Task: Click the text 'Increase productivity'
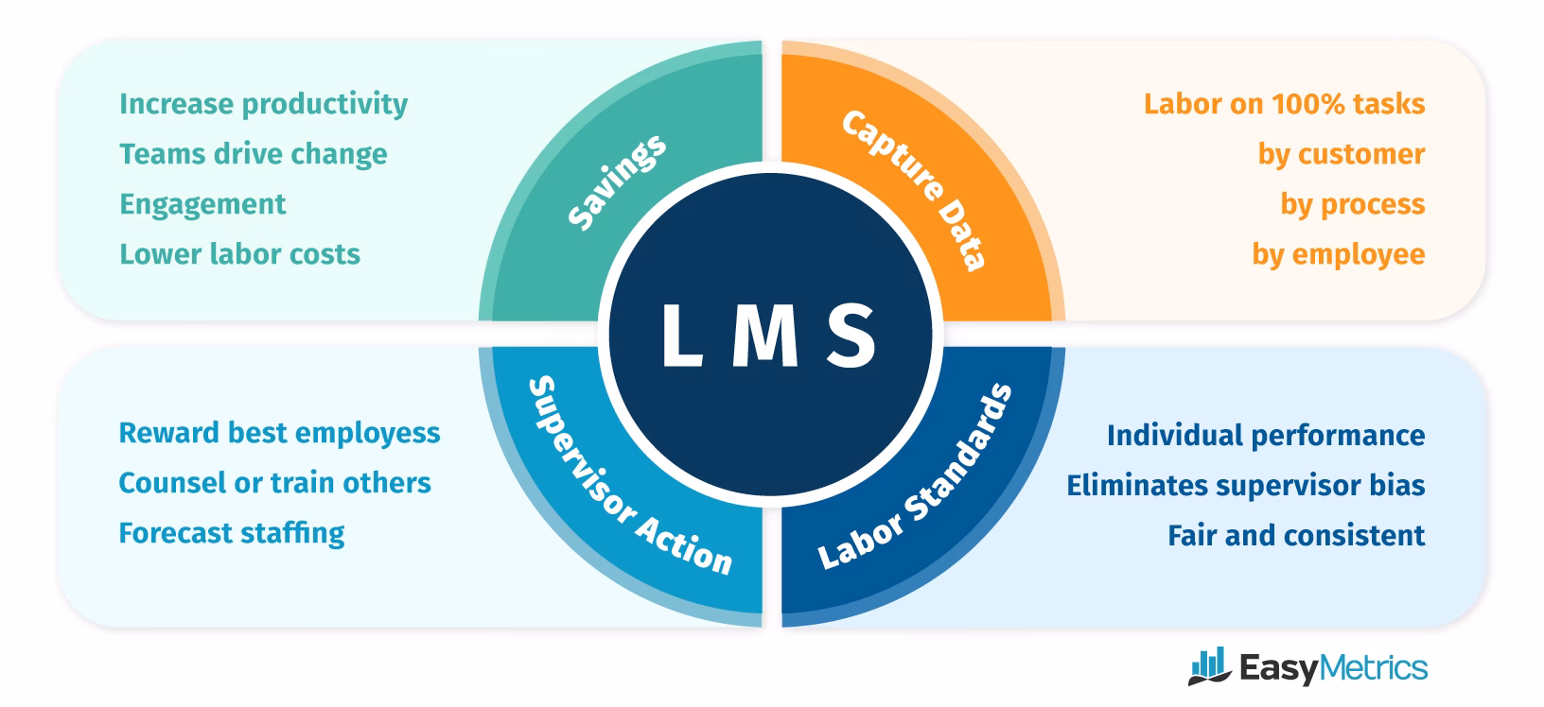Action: point(263,104)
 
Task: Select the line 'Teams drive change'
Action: point(253,154)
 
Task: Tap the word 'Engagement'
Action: point(202,204)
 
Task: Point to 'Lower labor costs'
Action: point(239,254)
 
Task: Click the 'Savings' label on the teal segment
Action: point(617,182)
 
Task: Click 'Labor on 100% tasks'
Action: point(1284,104)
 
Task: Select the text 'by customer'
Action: point(1341,154)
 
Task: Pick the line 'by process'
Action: point(1352,204)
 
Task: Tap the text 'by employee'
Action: point(1338,254)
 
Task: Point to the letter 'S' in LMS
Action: point(851,336)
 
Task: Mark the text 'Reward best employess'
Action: point(279,433)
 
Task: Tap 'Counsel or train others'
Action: point(274,483)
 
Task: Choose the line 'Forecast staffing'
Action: point(231,533)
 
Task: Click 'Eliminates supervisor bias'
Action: point(1245,486)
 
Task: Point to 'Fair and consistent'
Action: point(1295,536)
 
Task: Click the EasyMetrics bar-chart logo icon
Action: point(1208,667)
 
